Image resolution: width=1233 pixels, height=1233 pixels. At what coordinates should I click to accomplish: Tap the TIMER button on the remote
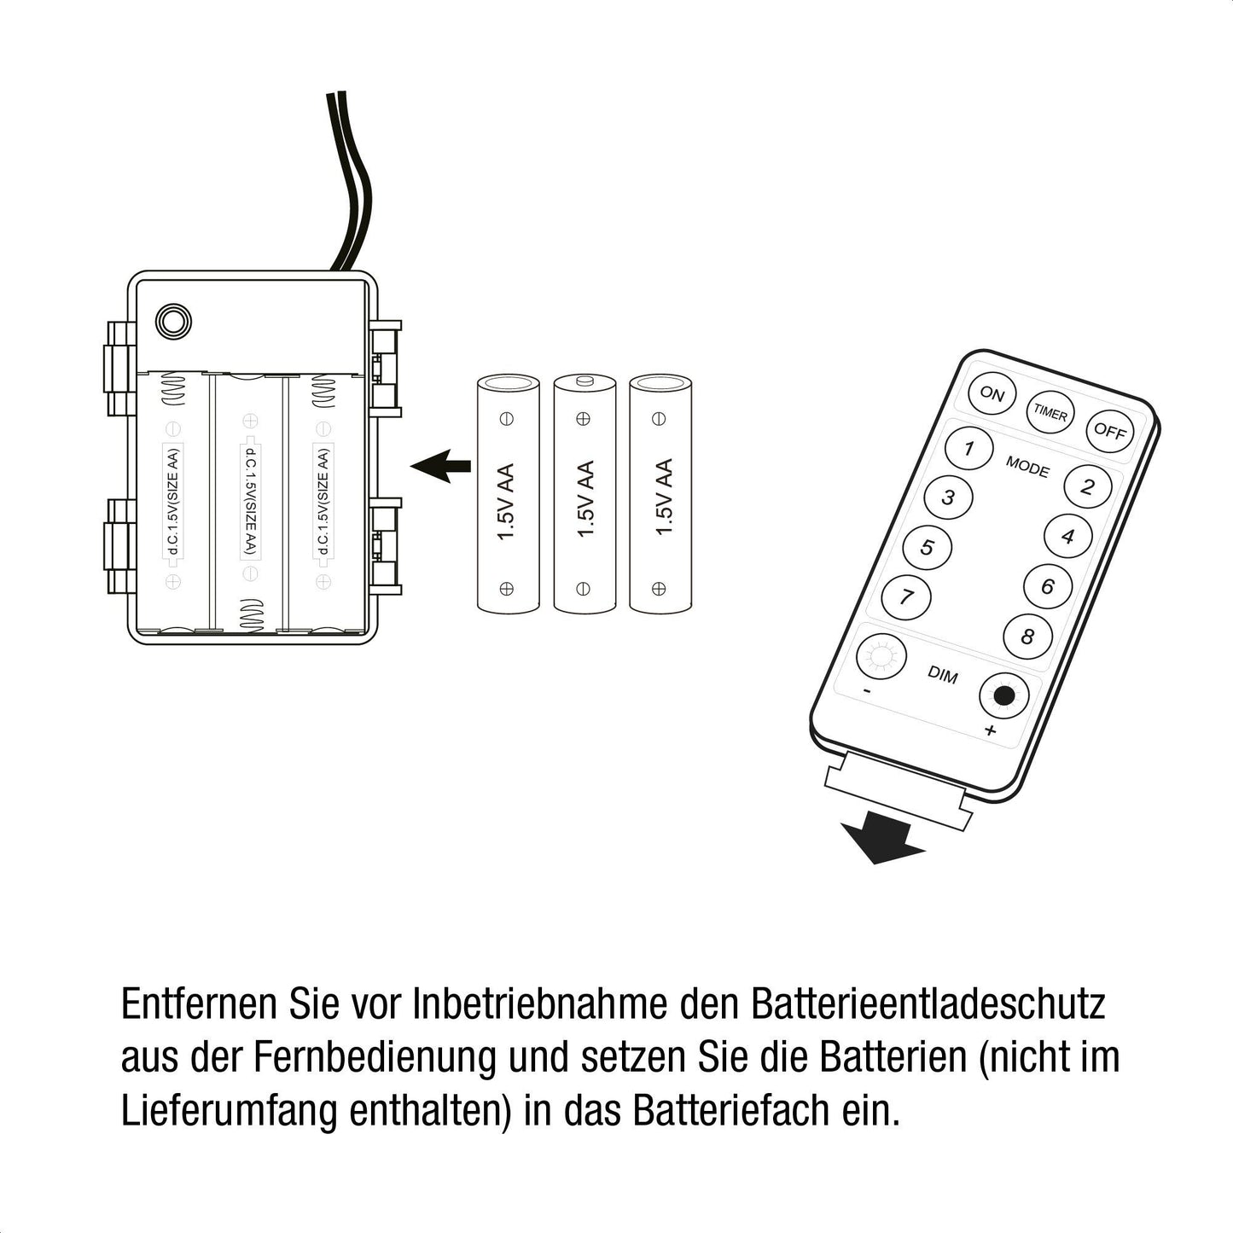1050,413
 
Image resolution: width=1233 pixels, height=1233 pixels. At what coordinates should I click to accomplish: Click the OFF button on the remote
1109,431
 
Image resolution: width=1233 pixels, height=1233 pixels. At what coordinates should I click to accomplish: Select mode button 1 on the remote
968,448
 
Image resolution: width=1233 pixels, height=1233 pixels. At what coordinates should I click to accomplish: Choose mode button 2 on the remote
1087,487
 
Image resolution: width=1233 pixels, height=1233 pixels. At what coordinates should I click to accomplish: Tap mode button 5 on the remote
928,548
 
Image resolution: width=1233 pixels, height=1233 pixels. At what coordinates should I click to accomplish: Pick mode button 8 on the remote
1027,637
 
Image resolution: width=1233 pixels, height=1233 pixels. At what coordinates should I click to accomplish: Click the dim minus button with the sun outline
881,656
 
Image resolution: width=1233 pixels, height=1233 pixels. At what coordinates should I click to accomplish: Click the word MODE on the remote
1027,467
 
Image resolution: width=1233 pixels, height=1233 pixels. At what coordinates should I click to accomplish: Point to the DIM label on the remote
943,675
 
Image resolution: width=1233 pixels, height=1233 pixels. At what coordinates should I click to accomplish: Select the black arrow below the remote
882,839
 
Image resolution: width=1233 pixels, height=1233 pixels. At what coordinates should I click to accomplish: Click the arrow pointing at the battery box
440,465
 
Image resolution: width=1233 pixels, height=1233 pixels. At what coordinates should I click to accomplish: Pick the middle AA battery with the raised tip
585,493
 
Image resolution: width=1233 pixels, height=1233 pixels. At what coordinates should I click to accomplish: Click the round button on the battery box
173,321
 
